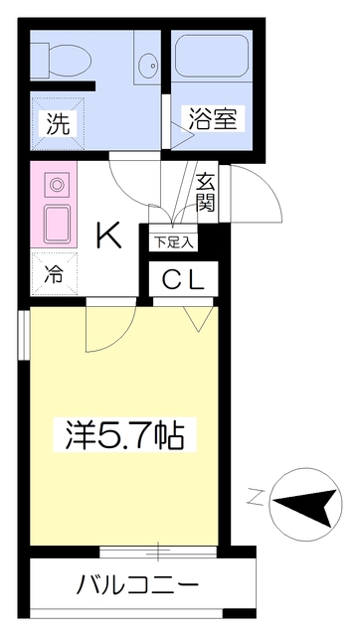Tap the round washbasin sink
click(149, 65)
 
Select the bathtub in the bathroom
click(212, 55)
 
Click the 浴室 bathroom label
click(212, 118)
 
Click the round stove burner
click(57, 185)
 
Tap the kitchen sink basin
click(57, 224)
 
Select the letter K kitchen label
click(108, 236)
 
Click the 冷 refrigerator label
click(54, 274)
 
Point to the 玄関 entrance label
click(206, 192)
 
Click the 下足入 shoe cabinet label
click(173, 242)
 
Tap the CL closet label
click(183, 279)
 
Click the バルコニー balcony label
click(138, 585)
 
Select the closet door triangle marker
click(198, 319)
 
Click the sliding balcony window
click(158, 552)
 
